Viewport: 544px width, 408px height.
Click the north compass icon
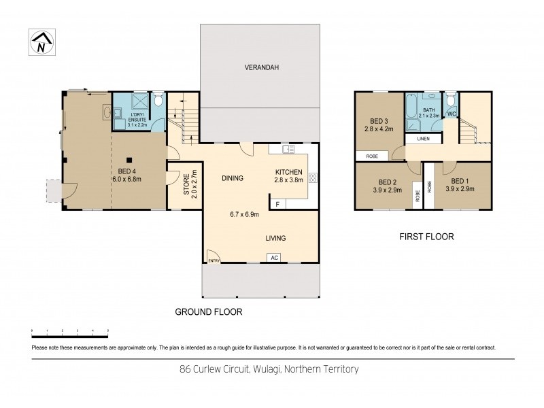tap(41, 43)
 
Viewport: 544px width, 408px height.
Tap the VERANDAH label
tap(262, 67)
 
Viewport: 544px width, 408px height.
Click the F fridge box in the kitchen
tap(277, 203)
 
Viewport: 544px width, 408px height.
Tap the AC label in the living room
tap(275, 258)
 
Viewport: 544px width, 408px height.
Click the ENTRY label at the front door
tap(214, 260)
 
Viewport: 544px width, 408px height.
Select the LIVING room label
tap(275, 238)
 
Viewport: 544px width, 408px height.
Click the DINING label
tap(233, 179)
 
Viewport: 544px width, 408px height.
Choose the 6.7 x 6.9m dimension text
tap(245, 214)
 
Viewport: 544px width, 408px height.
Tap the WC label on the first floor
tap(451, 114)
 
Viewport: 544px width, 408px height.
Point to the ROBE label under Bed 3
tap(372, 156)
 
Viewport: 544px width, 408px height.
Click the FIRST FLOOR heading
tap(427, 237)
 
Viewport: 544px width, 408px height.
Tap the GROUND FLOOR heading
tap(209, 312)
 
